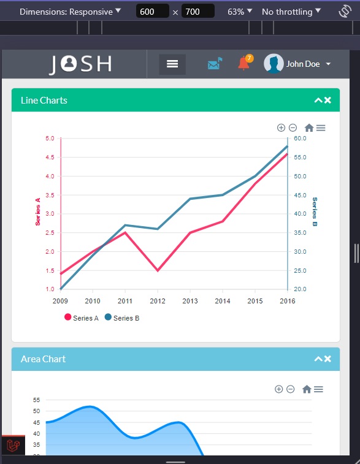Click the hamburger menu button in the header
coord(172,64)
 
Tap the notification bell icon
coord(244,63)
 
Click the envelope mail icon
coord(215,64)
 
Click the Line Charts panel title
coord(44,101)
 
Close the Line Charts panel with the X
coord(327,101)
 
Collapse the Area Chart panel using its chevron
coord(318,359)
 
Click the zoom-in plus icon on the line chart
coord(281,127)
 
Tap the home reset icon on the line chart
coord(308,127)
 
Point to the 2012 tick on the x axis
coord(158,301)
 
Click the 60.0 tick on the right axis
coord(300,139)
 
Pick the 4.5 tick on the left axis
coord(50,158)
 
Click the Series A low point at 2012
coord(158,270)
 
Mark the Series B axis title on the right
coord(315,211)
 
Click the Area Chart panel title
coord(43,359)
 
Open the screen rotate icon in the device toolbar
coord(345,12)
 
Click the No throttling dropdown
coord(291,12)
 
